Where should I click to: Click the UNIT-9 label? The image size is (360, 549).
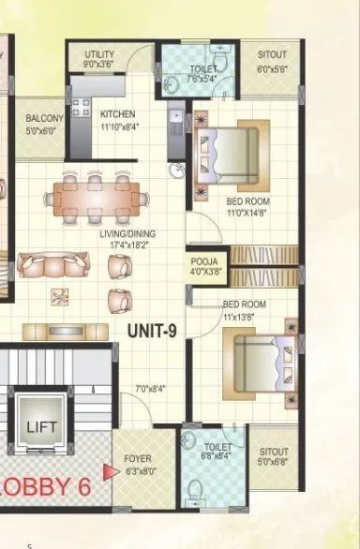coord(154,330)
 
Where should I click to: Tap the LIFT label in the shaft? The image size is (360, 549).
coord(43,427)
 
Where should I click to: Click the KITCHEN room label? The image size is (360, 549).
coord(118,114)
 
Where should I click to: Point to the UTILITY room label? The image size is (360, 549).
coord(100,54)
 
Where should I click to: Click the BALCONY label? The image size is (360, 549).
coord(43,118)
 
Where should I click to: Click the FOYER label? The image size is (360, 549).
coord(138,460)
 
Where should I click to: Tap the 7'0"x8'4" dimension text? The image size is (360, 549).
coord(150,388)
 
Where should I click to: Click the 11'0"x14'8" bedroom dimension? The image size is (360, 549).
coord(248,213)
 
